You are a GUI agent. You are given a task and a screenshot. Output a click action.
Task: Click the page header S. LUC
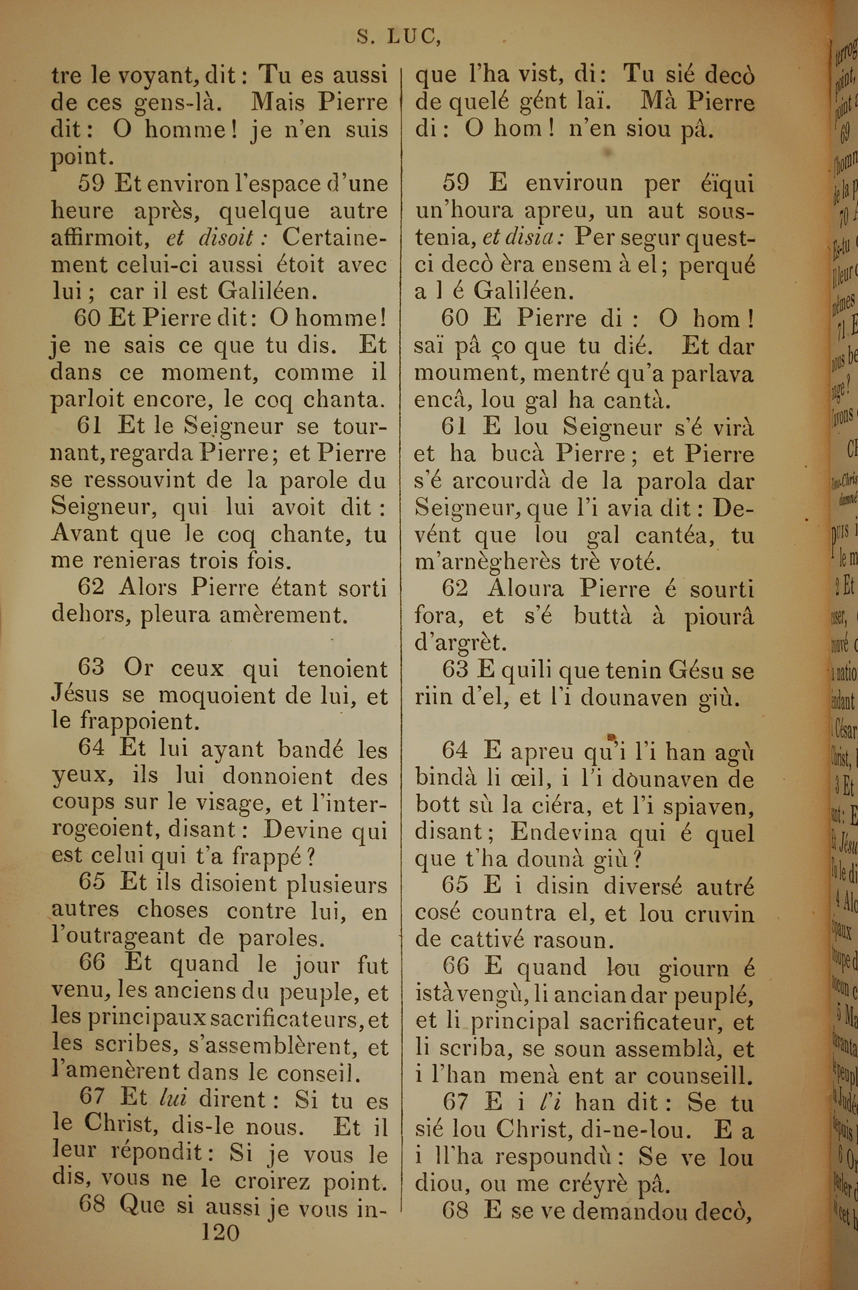[x=399, y=36]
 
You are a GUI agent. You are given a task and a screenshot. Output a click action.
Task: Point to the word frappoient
[x=137, y=721]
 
